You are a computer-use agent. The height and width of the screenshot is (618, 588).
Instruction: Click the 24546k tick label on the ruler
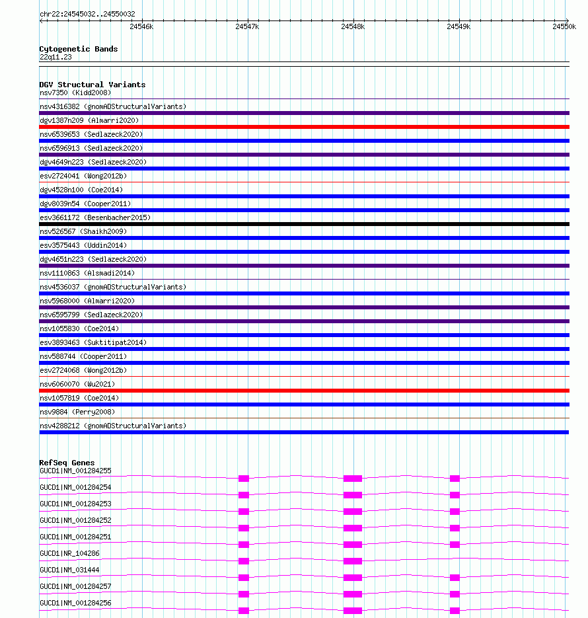click(x=141, y=26)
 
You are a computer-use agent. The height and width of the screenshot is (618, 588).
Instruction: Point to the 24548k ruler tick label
click(x=353, y=26)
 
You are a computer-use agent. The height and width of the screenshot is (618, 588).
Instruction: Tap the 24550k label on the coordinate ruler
click(x=564, y=26)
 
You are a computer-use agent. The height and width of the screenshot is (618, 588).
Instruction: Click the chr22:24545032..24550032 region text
click(x=87, y=14)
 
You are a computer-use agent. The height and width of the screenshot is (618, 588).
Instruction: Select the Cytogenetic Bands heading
click(x=78, y=49)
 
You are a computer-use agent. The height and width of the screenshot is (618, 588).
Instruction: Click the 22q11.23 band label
click(x=55, y=57)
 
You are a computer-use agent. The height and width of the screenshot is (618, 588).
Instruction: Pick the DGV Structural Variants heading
click(x=92, y=85)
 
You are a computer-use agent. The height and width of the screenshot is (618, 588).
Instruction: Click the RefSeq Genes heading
click(x=67, y=463)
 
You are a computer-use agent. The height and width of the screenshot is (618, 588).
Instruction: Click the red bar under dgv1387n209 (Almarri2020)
click(x=304, y=127)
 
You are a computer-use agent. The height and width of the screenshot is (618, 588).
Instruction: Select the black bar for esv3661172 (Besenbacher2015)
click(x=304, y=224)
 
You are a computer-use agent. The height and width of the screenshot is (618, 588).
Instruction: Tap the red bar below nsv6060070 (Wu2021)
click(x=304, y=391)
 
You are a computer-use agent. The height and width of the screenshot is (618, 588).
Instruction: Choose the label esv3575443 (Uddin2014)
click(x=83, y=245)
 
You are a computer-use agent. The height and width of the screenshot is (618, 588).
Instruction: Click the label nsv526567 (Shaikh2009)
click(x=83, y=231)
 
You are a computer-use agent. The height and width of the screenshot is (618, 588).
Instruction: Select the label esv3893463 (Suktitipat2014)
click(x=93, y=342)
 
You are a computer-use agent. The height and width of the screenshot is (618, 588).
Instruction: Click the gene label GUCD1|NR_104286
click(x=70, y=553)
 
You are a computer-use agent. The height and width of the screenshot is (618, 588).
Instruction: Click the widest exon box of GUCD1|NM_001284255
click(x=353, y=478)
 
